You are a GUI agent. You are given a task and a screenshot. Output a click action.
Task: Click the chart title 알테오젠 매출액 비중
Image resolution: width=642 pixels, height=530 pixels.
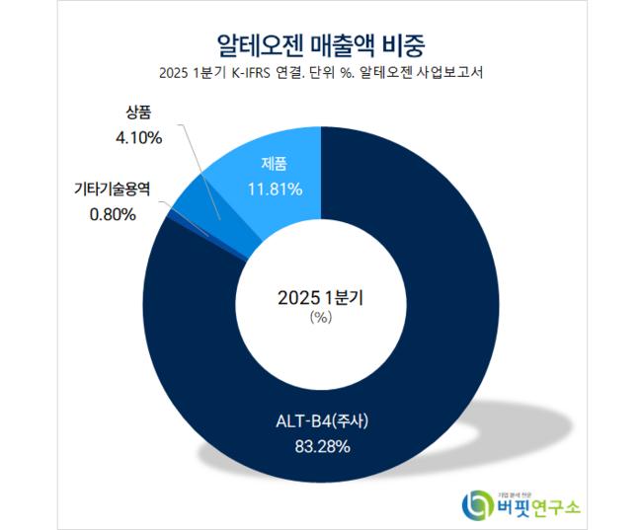point(321,42)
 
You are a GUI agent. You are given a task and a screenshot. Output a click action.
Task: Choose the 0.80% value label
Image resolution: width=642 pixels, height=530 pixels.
point(110,214)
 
